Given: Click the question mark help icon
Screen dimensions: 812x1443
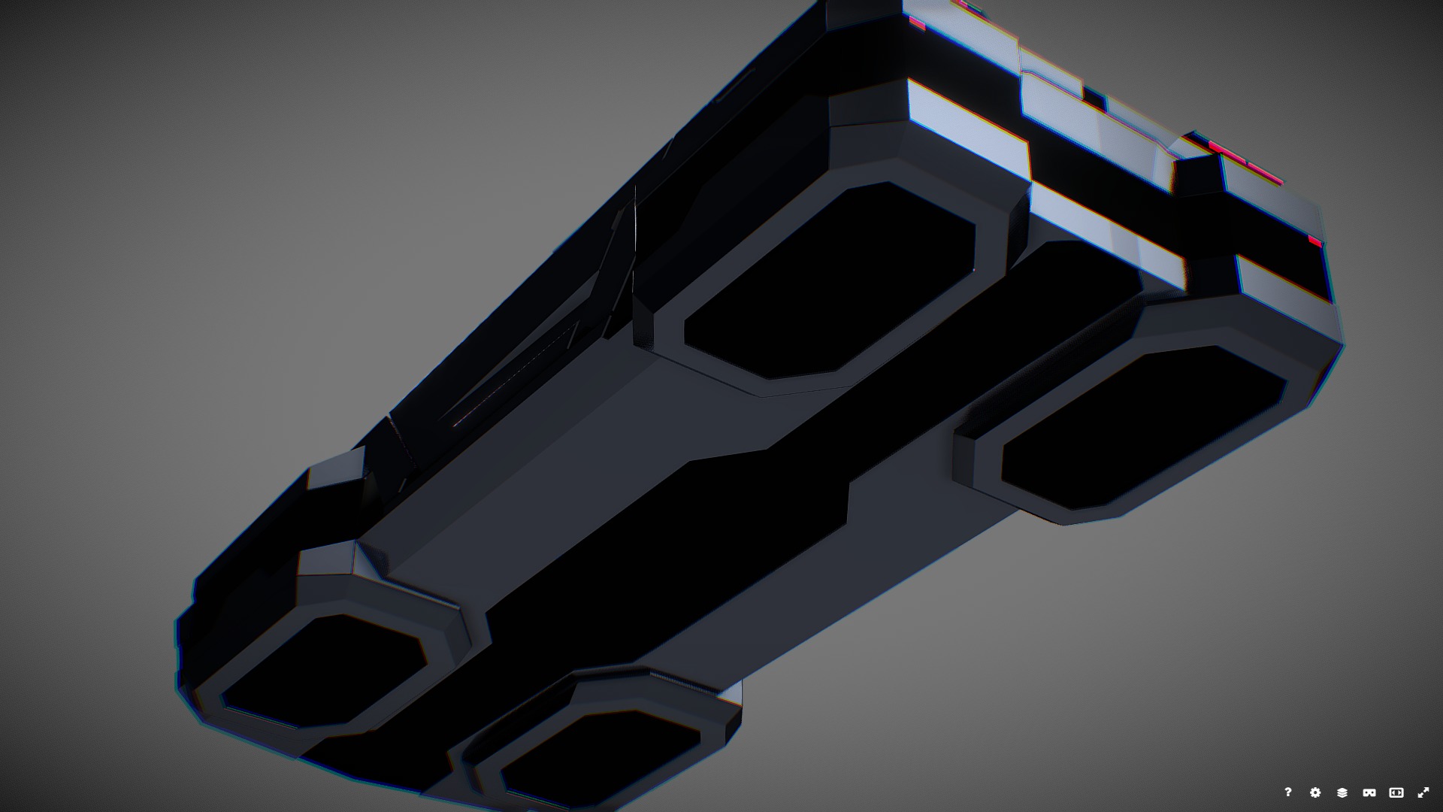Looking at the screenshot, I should (x=1287, y=792).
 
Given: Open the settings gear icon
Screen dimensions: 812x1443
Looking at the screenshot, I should (x=1314, y=792).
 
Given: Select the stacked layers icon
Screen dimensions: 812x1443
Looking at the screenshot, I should (x=1342, y=792).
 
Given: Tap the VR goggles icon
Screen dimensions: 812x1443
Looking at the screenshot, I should (x=1369, y=792).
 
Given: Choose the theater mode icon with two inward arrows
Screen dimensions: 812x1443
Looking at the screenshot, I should (x=1396, y=792).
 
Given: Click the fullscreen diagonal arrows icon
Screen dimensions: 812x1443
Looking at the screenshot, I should (x=1423, y=792).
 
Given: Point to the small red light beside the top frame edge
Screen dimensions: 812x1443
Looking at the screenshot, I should (x=916, y=23).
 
